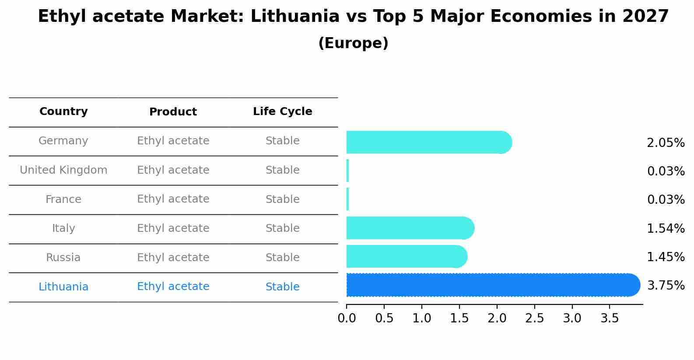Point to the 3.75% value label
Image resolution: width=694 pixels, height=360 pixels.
point(666,286)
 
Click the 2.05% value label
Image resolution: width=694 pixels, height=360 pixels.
point(666,143)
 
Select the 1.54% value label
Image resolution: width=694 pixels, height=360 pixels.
point(666,228)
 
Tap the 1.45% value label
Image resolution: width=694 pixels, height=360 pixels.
point(666,257)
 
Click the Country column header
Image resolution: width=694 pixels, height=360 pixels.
point(63,112)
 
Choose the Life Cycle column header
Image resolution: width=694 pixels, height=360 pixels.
point(282,112)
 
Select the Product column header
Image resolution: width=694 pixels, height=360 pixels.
point(173,112)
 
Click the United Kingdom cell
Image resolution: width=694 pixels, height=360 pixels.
point(63,170)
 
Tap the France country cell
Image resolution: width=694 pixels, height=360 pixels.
point(63,199)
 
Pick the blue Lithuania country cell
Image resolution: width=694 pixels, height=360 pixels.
point(63,287)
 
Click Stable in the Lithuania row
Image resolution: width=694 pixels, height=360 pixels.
point(282,287)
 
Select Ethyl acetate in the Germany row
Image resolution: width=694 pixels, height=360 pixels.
point(173,141)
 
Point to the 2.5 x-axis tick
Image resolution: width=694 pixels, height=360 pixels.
point(535,318)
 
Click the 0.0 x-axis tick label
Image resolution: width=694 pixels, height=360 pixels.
point(347,318)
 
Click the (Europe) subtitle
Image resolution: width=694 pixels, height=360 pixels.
point(353,43)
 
